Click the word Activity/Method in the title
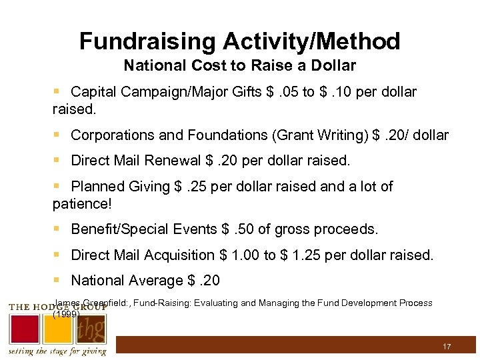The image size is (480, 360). [312, 41]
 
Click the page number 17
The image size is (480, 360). [447, 347]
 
